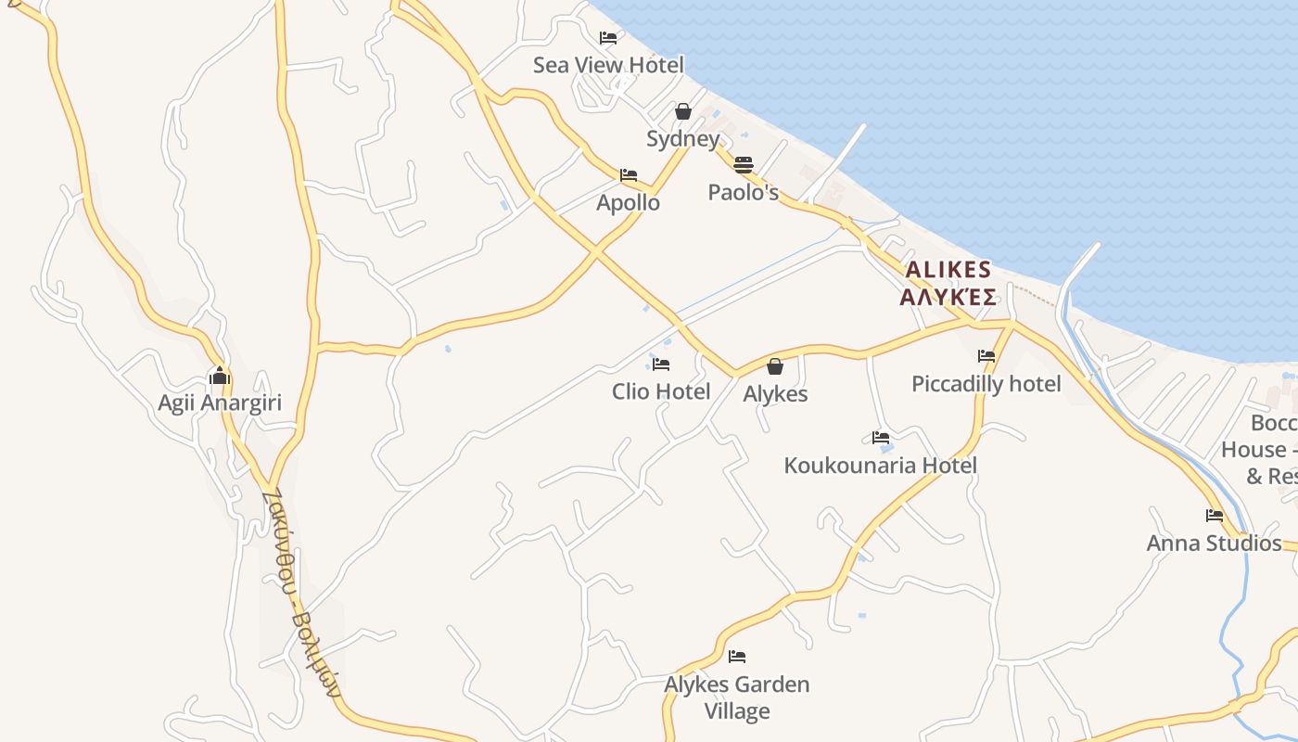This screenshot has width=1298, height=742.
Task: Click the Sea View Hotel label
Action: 608,65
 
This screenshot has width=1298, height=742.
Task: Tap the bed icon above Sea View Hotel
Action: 608,38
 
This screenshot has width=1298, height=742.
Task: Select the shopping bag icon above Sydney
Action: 683,111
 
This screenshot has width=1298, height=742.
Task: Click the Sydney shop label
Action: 683,139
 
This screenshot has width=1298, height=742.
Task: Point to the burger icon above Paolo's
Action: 744,165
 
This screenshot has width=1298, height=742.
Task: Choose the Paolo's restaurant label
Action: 744,192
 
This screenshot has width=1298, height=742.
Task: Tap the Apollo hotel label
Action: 629,202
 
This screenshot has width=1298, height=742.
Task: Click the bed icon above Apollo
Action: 629,175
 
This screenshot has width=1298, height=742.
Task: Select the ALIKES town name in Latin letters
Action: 948,270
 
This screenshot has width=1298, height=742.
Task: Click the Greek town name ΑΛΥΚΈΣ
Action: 948,297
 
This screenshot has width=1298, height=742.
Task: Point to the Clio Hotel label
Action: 661,391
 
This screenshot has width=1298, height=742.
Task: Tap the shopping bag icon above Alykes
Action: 775,366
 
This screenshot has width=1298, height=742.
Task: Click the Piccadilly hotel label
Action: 986,383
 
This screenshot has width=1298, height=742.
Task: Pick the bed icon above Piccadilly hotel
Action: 986,356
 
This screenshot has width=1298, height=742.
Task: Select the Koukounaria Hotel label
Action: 881,465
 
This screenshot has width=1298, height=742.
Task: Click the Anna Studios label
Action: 1215,543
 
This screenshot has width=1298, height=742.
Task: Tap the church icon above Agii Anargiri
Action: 220,376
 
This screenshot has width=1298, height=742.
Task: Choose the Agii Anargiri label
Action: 220,403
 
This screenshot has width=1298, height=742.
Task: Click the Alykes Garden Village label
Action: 737,697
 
